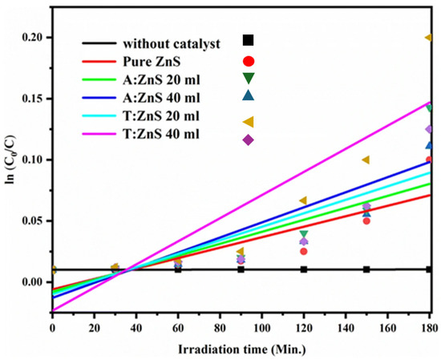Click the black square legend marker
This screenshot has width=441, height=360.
249,40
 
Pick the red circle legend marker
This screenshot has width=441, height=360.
249,61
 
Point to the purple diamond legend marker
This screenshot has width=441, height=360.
249,140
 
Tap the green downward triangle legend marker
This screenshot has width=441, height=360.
249,78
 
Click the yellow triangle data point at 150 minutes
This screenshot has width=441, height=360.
366,160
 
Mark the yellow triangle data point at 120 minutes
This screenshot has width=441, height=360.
303,200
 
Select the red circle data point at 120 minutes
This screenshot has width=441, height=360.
304,251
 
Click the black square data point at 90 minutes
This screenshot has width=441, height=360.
241,269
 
